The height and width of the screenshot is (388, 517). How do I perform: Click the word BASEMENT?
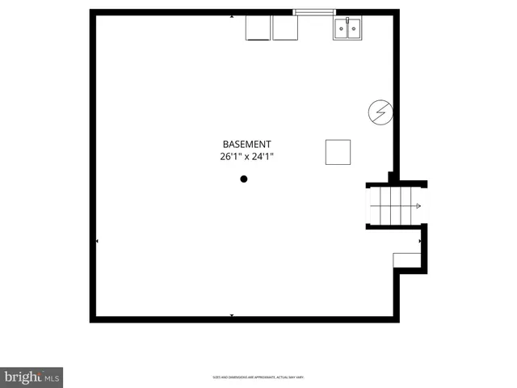tap(246, 145)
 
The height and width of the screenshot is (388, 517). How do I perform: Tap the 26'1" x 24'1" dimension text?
tap(246, 157)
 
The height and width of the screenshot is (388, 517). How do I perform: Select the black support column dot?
tap(244, 179)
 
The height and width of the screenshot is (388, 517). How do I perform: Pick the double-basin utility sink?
tap(347, 28)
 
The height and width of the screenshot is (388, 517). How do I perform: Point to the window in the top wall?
tap(313, 12)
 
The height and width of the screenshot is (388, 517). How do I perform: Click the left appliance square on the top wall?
tap(258, 27)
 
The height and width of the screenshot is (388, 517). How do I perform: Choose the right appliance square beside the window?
tap(285, 27)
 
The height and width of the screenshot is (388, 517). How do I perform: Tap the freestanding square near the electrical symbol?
tap(338, 151)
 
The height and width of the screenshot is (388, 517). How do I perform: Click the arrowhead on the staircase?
tap(418, 206)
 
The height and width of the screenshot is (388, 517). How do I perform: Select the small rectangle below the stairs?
tap(406, 259)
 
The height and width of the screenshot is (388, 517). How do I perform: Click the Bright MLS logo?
tap(32, 377)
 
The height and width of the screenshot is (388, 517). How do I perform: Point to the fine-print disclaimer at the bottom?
tap(258, 377)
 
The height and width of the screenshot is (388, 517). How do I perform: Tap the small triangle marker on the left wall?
tap(98, 241)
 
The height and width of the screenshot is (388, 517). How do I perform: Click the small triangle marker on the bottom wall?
tap(233, 314)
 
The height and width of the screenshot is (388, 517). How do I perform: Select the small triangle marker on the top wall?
tap(233, 16)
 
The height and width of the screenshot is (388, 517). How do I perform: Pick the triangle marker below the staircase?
tap(419, 241)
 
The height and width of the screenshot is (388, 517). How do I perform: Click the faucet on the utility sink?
tap(347, 20)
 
